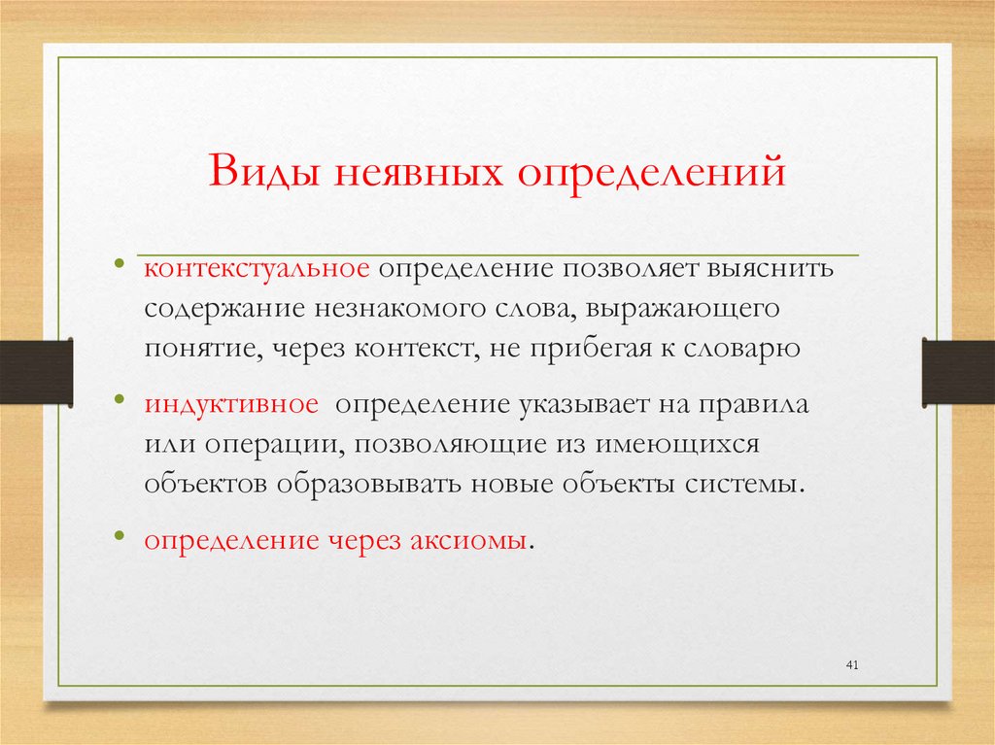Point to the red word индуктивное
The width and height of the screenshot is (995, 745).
click(232, 404)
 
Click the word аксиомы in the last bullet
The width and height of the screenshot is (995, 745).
click(472, 540)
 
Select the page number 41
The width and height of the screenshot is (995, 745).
click(853, 664)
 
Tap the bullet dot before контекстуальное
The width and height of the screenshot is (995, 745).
click(119, 264)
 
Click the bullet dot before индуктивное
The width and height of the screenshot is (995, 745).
click(119, 400)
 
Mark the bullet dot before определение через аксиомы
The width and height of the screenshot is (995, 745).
click(119, 536)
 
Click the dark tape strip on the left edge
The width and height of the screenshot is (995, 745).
click(36, 370)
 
